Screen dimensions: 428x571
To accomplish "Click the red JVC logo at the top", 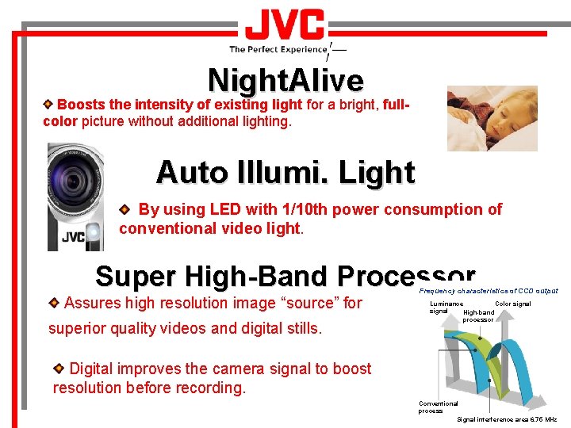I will tap(285, 26).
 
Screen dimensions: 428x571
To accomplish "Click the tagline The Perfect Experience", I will tap(278, 49).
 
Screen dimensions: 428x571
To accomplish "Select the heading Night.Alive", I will tap(285, 80).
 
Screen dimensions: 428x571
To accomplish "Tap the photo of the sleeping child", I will tap(492, 118).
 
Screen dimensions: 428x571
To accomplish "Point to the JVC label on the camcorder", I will tap(74, 236).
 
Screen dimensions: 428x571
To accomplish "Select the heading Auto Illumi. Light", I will tap(285, 172).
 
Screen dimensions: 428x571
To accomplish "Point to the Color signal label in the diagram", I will tap(512, 304).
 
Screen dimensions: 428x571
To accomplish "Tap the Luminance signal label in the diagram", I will tap(445, 308).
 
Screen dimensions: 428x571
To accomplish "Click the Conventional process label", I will tap(438, 407).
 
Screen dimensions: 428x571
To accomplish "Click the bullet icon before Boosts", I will tap(49, 104).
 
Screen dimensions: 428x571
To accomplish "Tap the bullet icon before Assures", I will tap(54, 303).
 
